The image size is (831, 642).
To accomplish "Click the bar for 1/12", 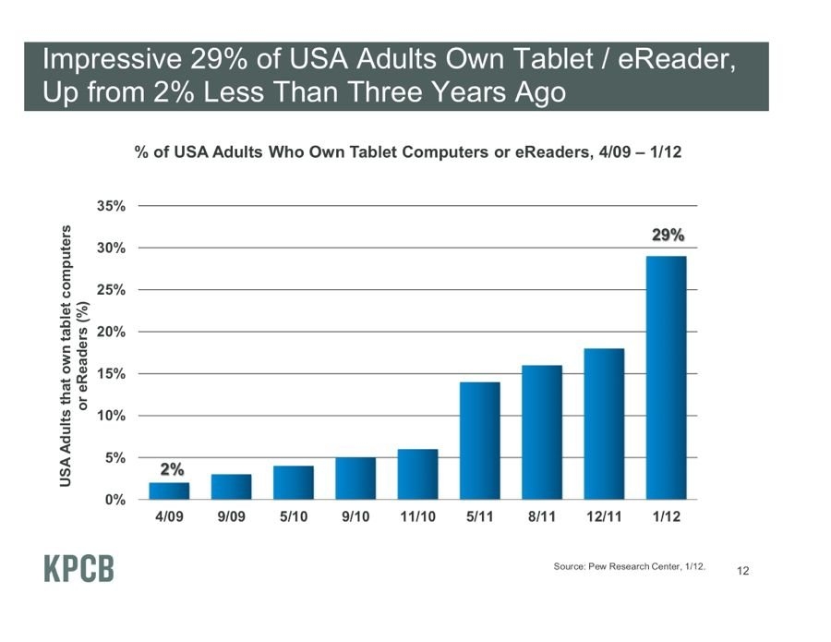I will pyautogui.click(x=666, y=378).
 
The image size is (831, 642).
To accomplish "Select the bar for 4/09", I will pyautogui.click(x=169, y=491).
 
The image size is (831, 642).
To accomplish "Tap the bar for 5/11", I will pyautogui.click(x=479, y=441).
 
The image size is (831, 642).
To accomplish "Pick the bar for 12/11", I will pyautogui.click(x=604, y=424).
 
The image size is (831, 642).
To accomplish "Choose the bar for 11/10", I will pyautogui.click(x=417, y=474).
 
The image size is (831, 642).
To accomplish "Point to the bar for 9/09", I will pyautogui.click(x=231, y=487).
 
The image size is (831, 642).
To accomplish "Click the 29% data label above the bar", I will pyautogui.click(x=668, y=236).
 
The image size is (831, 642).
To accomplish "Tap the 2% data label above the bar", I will pyautogui.click(x=171, y=469).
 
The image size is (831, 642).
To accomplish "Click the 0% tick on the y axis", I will pyautogui.click(x=115, y=500).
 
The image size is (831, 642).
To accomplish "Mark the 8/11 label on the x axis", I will pyautogui.click(x=541, y=517).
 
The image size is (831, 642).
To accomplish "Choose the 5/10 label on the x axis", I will pyautogui.click(x=293, y=517).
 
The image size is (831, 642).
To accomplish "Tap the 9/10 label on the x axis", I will pyautogui.click(x=355, y=517).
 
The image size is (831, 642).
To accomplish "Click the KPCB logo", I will pyautogui.click(x=79, y=569).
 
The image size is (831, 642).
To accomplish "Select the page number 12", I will pyautogui.click(x=743, y=572).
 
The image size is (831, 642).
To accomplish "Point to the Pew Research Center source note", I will pyautogui.click(x=629, y=566).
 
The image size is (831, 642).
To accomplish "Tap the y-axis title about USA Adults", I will pyautogui.click(x=73, y=355).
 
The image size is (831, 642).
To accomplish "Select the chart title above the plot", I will pyautogui.click(x=407, y=152).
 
